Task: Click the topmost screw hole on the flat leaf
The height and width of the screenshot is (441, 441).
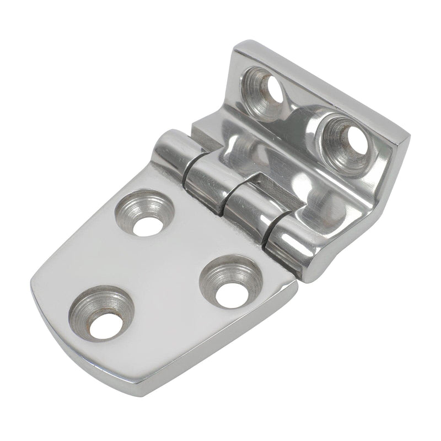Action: coord(145,213)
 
